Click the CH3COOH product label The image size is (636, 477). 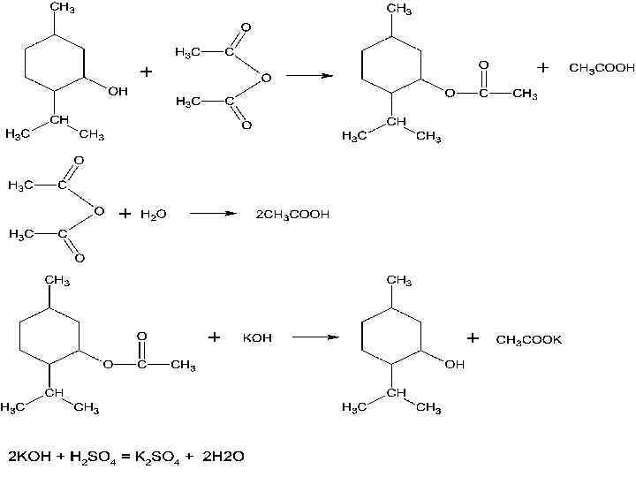pos(602,68)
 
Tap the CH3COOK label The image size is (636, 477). pos(529,339)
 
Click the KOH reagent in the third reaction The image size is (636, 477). pos(257,338)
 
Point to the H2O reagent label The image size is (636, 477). pos(154,214)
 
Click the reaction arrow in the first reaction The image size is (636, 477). pos(309,75)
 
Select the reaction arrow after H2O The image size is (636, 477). pos(214,214)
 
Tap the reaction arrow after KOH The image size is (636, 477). pos(315,337)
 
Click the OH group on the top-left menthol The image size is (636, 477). pos(117,91)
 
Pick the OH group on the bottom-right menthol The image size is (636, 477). pos(454,364)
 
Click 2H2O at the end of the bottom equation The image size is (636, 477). pos(223,457)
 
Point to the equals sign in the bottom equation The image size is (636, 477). pos(125,457)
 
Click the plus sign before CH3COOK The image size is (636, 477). pos(473,338)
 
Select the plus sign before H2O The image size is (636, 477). pos(125,214)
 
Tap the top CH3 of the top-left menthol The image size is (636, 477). pos(61,9)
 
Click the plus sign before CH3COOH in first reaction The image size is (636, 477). pos(542,67)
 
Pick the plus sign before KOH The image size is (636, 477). pos(214,337)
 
